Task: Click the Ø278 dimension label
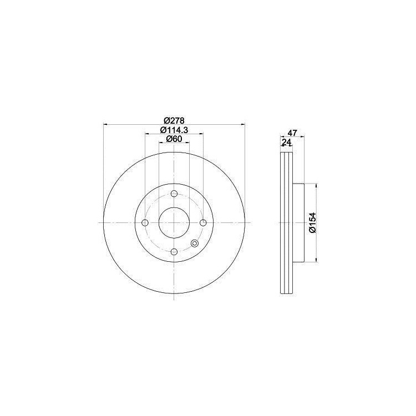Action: pos(174,121)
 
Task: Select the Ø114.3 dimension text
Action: pos(174,130)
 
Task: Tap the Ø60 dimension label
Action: pos(174,139)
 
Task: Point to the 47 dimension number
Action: pos(292,133)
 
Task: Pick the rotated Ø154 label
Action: pos(313,223)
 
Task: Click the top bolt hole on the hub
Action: pos(174,194)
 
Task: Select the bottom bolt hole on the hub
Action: pos(174,251)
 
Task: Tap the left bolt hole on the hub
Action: pos(145,222)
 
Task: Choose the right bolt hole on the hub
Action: pos(203,222)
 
